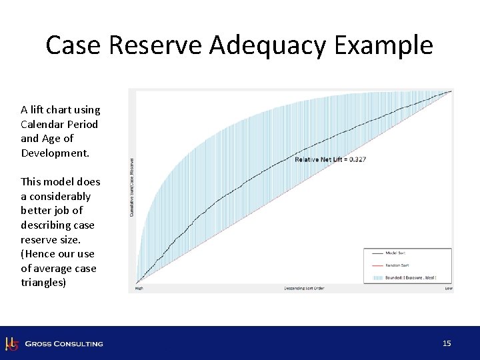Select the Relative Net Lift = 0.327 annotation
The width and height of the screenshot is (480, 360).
coord(331,159)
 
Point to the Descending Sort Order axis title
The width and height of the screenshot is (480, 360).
coord(303,289)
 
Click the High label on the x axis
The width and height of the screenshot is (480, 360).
coord(139,289)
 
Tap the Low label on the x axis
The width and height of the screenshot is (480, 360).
coord(449,289)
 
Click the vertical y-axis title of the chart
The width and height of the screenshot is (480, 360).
coord(131,187)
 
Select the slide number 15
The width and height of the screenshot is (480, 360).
coord(447,343)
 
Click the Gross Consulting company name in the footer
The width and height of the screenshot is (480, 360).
coord(64,344)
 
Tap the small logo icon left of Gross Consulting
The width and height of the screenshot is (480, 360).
coord(11,343)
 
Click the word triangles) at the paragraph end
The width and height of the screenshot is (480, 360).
coord(44,283)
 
